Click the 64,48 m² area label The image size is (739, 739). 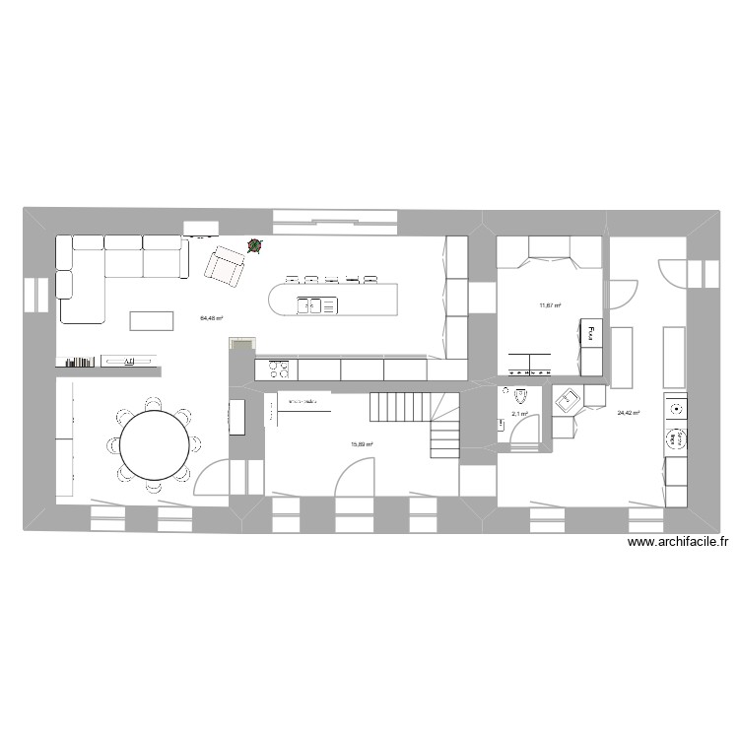click(x=211, y=318)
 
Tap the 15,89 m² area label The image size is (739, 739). click(x=362, y=444)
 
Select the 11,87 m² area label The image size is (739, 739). click(x=550, y=304)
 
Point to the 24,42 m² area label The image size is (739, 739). click(x=629, y=414)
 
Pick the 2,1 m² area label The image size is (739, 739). click(x=519, y=414)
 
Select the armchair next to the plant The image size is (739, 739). click(x=226, y=266)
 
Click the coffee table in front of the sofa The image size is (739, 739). click(x=151, y=320)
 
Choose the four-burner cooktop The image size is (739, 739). click(x=277, y=369)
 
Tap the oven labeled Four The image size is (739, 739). click(x=591, y=335)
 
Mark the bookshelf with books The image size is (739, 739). click(x=80, y=362)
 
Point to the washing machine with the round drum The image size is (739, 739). click(x=676, y=437)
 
